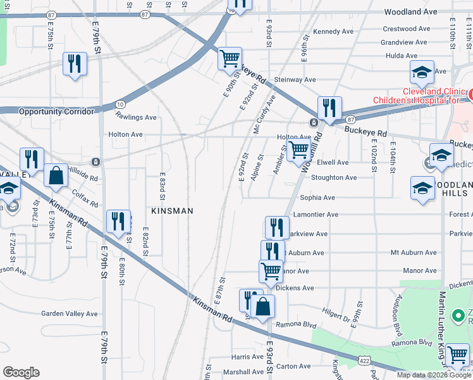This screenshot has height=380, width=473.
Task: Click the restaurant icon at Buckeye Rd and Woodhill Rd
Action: click(329, 108)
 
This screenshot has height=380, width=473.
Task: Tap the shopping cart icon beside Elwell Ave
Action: click(298, 151)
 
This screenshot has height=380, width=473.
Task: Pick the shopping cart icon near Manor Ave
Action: click(271, 270)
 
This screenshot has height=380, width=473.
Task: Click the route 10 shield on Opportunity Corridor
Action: click(120, 104)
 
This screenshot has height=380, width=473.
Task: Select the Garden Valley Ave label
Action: click(70, 313)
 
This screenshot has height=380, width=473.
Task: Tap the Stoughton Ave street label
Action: click(334, 178)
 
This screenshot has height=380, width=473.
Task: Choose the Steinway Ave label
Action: click(294, 80)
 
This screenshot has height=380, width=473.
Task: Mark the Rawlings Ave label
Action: click(135, 117)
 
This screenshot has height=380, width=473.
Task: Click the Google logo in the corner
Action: click(21, 372)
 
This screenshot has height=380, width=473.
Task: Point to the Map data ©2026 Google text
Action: click(433, 375)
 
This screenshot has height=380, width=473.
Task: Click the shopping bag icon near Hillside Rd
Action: click(56, 175)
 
